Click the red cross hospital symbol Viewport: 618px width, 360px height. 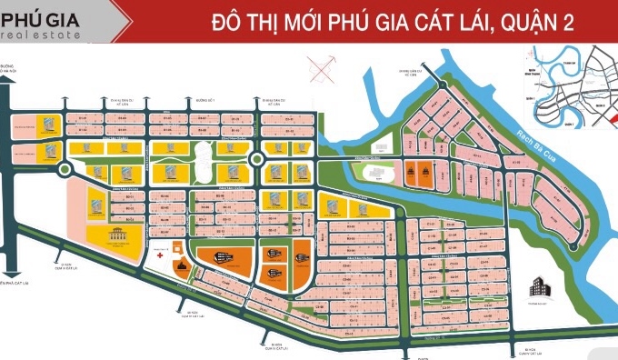pyautogui.click(x=161, y=256)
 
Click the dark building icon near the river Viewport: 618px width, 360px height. pyautogui.click(x=543, y=283)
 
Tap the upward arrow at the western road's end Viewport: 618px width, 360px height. pyautogui.click(x=6, y=80)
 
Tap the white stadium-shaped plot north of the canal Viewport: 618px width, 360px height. pyautogui.click(x=372, y=171)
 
